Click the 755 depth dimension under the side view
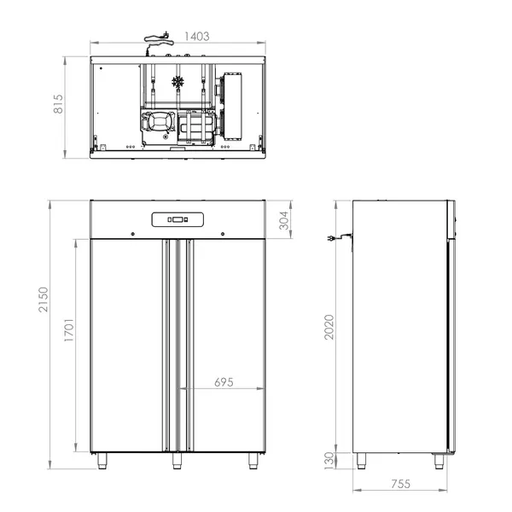pos(401,483)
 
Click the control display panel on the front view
pos(177,219)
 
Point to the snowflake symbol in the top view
pos(178,83)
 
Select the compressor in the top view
pos(160,125)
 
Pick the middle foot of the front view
pos(177,462)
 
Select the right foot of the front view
pos(253,462)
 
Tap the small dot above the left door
pos(132,234)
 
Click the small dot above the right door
pos(222,234)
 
